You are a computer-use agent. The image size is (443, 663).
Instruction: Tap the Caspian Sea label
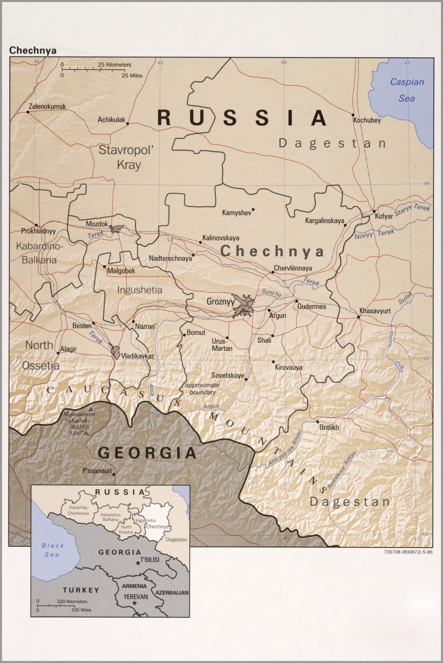tap(407, 90)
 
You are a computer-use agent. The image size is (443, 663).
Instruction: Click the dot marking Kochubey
tap(353, 114)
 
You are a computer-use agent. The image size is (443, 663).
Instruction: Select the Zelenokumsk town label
tap(47, 107)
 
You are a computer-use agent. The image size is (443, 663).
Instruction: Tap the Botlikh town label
tap(329, 427)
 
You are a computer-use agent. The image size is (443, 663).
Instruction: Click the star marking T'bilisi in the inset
tap(138, 563)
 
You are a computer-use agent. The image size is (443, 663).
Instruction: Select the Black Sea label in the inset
tap(52, 550)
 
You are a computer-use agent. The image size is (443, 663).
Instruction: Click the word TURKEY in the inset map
tap(81, 590)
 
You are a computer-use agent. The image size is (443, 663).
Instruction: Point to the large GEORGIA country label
tap(147, 453)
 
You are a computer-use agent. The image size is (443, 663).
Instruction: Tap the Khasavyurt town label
tap(375, 311)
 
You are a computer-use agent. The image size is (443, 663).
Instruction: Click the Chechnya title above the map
tap(33, 50)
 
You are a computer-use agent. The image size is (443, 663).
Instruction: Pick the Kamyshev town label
tap(236, 212)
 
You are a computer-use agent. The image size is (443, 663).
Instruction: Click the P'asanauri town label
tap(97, 470)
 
